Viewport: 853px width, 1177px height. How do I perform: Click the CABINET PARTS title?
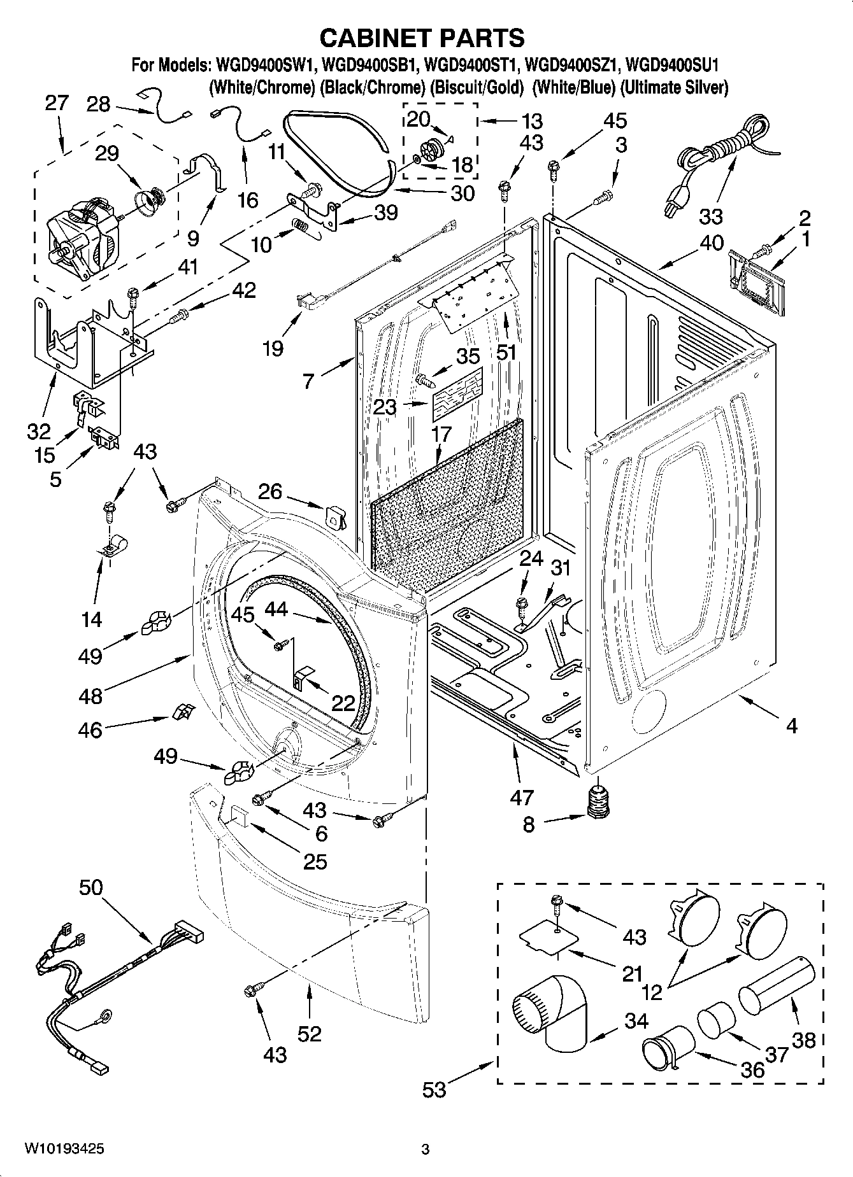click(422, 38)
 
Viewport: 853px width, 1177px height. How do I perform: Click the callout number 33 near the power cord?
click(710, 216)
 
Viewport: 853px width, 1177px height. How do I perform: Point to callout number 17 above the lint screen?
click(441, 434)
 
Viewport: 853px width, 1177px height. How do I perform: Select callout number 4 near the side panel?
click(792, 726)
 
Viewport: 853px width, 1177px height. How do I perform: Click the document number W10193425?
click(64, 1149)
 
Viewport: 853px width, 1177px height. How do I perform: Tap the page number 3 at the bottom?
click(426, 1150)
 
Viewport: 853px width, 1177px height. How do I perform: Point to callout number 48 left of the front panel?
click(90, 695)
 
